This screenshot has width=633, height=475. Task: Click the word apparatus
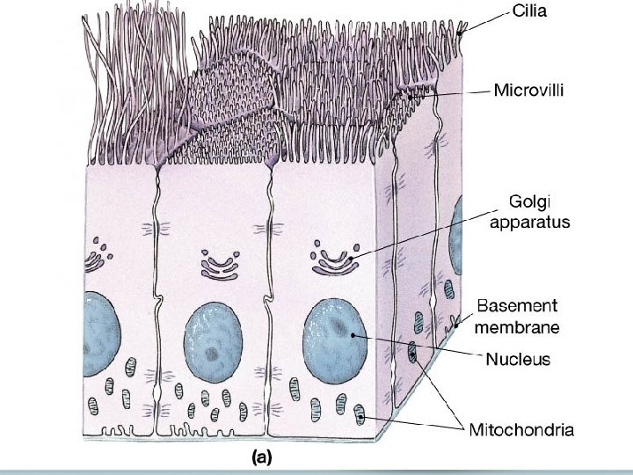click(x=529, y=222)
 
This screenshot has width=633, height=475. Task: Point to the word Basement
click(x=518, y=306)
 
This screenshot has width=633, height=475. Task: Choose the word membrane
click(x=519, y=327)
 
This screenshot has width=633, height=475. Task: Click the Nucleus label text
click(x=519, y=359)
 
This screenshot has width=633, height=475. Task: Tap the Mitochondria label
click(x=523, y=430)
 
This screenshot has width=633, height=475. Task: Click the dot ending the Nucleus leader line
click(x=353, y=335)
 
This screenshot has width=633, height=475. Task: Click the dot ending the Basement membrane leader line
click(x=456, y=325)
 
